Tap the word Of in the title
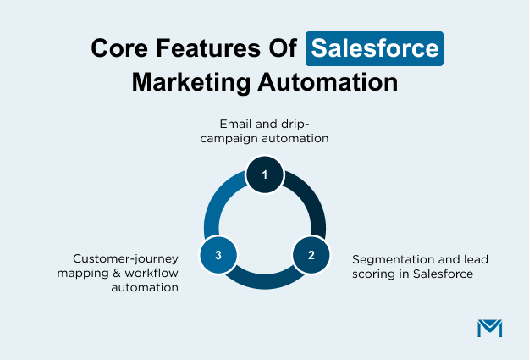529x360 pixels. coord(282,48)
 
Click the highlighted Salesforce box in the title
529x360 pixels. coord(374,47)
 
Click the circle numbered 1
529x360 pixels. coord(265,175)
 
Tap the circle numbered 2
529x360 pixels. coord(311,254)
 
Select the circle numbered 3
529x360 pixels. coord(218,254)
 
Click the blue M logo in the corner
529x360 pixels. coord(489,328)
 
